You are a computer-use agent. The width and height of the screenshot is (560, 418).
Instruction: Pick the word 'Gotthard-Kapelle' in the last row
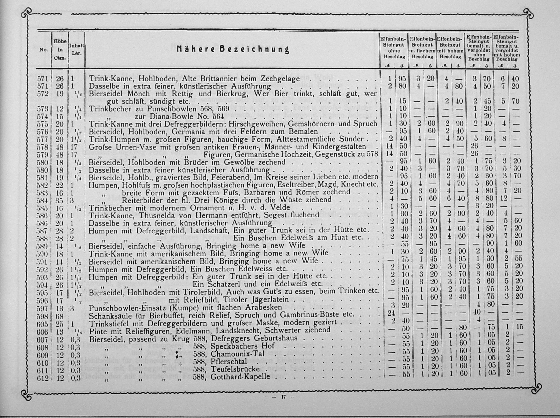click(x=240, y=376)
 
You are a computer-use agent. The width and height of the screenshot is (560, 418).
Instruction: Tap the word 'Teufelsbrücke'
click(x=231, y=369)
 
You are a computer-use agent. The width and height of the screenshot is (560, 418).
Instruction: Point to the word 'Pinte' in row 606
click(x=97, y=330)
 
